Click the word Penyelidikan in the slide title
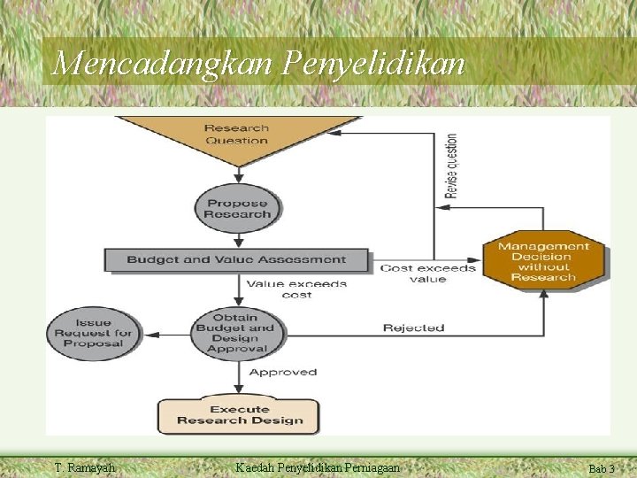(374, 62)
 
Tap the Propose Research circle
(237, 208)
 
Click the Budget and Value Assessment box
(236, 259)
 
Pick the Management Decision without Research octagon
(542, 261)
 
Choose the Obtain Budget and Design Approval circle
(236, 333)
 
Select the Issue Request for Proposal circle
(93, 333)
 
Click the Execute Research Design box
(239, 415)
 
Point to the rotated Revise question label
(452, 166)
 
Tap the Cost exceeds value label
(427, 274)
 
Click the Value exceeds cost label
(296, 289)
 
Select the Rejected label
(413, 328)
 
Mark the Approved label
(282, 373)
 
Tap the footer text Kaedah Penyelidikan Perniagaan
(318, 467)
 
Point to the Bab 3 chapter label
(602, 468)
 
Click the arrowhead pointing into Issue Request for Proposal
(149, 335)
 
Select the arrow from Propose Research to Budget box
(237, 241)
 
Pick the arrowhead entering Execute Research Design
(237, 389)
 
